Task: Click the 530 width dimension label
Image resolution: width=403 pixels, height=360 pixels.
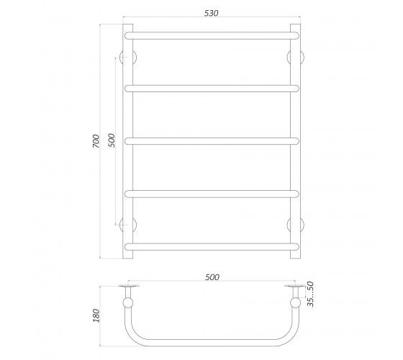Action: click(212, 13)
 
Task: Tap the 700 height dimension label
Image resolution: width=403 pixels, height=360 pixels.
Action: click(96, 141)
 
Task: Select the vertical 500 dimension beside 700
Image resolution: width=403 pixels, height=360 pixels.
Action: click(112, 140)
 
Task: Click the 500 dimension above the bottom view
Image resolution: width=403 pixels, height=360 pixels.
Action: click(212, 277)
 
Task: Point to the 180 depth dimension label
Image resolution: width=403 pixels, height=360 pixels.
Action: click(96, 315)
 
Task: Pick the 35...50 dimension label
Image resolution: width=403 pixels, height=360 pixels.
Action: click(311, 294)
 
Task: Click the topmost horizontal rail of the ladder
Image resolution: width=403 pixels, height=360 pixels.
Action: click(212, 35)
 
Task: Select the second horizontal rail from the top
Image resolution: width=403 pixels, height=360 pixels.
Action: click(212, 89)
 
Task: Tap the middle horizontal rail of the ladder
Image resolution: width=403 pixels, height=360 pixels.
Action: click(212, 141)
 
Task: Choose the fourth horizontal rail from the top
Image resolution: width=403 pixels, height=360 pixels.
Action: click(212, 194)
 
